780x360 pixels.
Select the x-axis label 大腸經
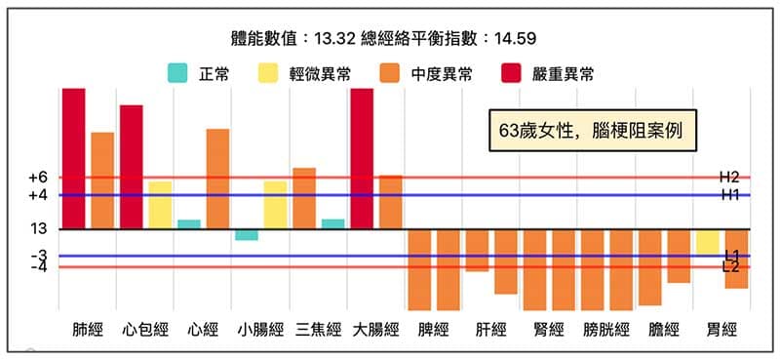pyautogui.click(x=375, y=329)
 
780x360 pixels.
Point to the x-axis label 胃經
pyautogui.click(x=721, y=329)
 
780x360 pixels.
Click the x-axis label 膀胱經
pyautogui.click(x=606, y=329)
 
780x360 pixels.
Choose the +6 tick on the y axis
pyautogui.click(x=38, y=178)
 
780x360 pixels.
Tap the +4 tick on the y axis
pyautogui.click(x=38, y=195)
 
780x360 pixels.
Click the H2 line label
pyautogui.click(x=729, y=177)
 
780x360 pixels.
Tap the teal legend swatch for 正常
pyautogui.click(x=178, y=73)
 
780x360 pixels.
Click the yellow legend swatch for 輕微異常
pyautogui.click(x=268, y=73)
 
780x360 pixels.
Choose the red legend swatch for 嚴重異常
pyautogui.click(x=513, y=73)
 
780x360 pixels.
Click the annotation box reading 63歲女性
pyautogui.click(x=593, y=129)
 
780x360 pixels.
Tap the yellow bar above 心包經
pyautogui.click(x=160, y=205)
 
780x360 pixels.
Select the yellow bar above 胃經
pyautogui.click(x=708, y=242)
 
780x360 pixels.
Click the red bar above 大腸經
pyautogui.click(x=362, y=158)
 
